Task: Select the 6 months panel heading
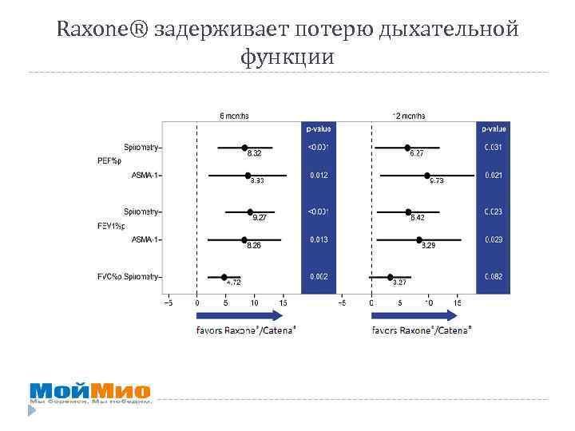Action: (x=234, y=115)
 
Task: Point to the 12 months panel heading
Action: (x=408, y=115)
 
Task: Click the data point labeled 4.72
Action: (x=224, y=277)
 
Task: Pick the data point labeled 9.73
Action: (x=427, y=175)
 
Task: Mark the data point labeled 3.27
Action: (x=390, y=277)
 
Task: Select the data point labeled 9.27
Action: (x=250, y=212)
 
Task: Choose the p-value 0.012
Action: (x=319, y=175)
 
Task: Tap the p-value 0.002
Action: (x=319, y=277)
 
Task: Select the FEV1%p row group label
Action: (x=111, y=226)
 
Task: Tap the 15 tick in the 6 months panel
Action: (x=284, y=303)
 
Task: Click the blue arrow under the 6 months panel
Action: (x=240, y=315)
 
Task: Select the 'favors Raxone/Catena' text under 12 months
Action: (x=421, y=329)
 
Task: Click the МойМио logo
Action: (x=89, y=392)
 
